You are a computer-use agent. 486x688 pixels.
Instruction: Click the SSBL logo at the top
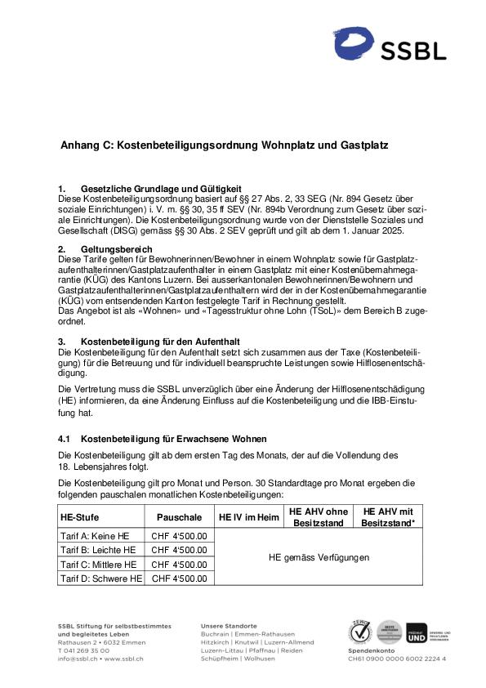pyautogui.click(x=390, y=45)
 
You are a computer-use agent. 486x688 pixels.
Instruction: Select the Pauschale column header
pyautogui.click(x=179, y=517)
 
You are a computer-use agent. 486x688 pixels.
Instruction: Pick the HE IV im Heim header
pyautogui.click(x=249, y=517)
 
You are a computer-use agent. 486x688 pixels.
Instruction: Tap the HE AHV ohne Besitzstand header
pyautogui.click(x=318, y=516)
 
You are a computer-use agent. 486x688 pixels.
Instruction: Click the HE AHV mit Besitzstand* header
pyautogui.click(x=388, y=516)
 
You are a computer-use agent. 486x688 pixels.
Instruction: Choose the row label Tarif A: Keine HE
pyautogui.click(x=95, y=536)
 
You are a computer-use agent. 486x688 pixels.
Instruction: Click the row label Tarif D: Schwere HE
pyautogui.click(x=100, y=579)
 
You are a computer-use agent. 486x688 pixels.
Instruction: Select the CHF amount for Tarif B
pyautogui.click(x=179, y=550)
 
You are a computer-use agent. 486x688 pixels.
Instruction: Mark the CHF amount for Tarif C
pyautogui.click(x=179, y=565)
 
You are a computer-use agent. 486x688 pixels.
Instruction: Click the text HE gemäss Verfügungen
pyautogui.click(x=319, y=557)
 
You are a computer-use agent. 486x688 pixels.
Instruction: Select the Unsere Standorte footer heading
pyautogui.click(x=229, y=626)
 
